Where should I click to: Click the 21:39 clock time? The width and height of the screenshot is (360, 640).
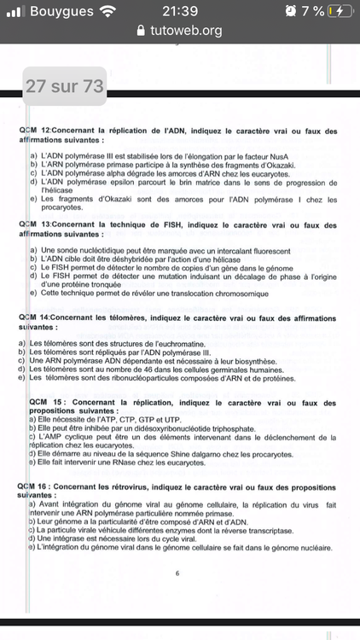(179, 11)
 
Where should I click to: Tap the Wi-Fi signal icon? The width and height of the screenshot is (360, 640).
(107, 11)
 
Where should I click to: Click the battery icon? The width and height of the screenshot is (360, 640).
(339, 11)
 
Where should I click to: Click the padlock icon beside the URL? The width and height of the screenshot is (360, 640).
(141, 31)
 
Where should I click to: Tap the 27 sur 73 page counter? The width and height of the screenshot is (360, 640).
(65, 86)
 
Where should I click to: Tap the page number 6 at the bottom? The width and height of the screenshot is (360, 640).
(177, 573)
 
